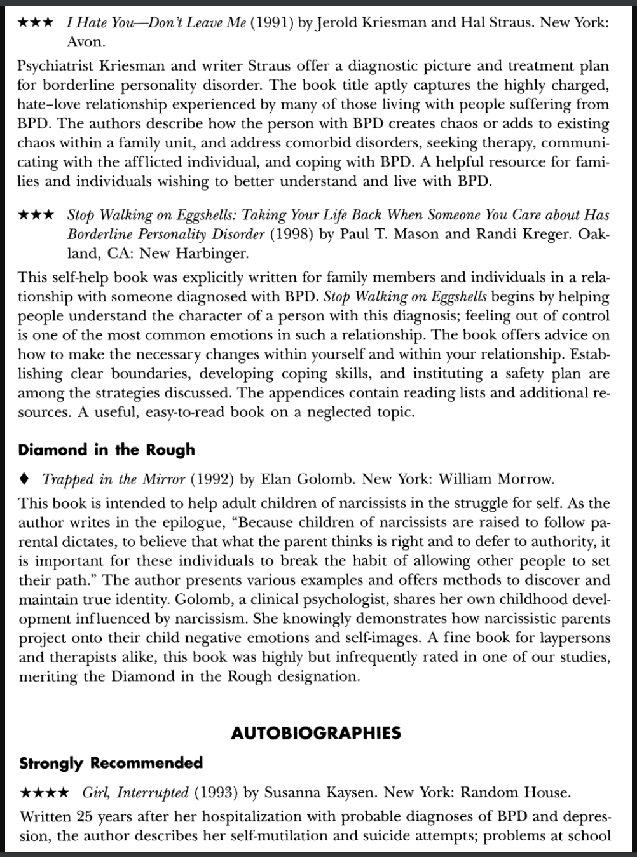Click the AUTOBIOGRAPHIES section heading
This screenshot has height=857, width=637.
[316, 733]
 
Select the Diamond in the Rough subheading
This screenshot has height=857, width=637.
[106, 450]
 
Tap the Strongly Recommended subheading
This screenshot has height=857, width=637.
[111, 763]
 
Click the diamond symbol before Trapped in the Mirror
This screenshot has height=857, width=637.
[24, 478]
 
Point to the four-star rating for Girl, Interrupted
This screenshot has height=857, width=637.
[45, 793]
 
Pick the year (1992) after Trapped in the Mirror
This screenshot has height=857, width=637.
[213, 479]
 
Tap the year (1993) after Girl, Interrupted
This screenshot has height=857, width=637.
[216, 793]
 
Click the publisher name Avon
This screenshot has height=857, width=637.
[86, 43]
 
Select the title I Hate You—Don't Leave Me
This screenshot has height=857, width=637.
[156, 23]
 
